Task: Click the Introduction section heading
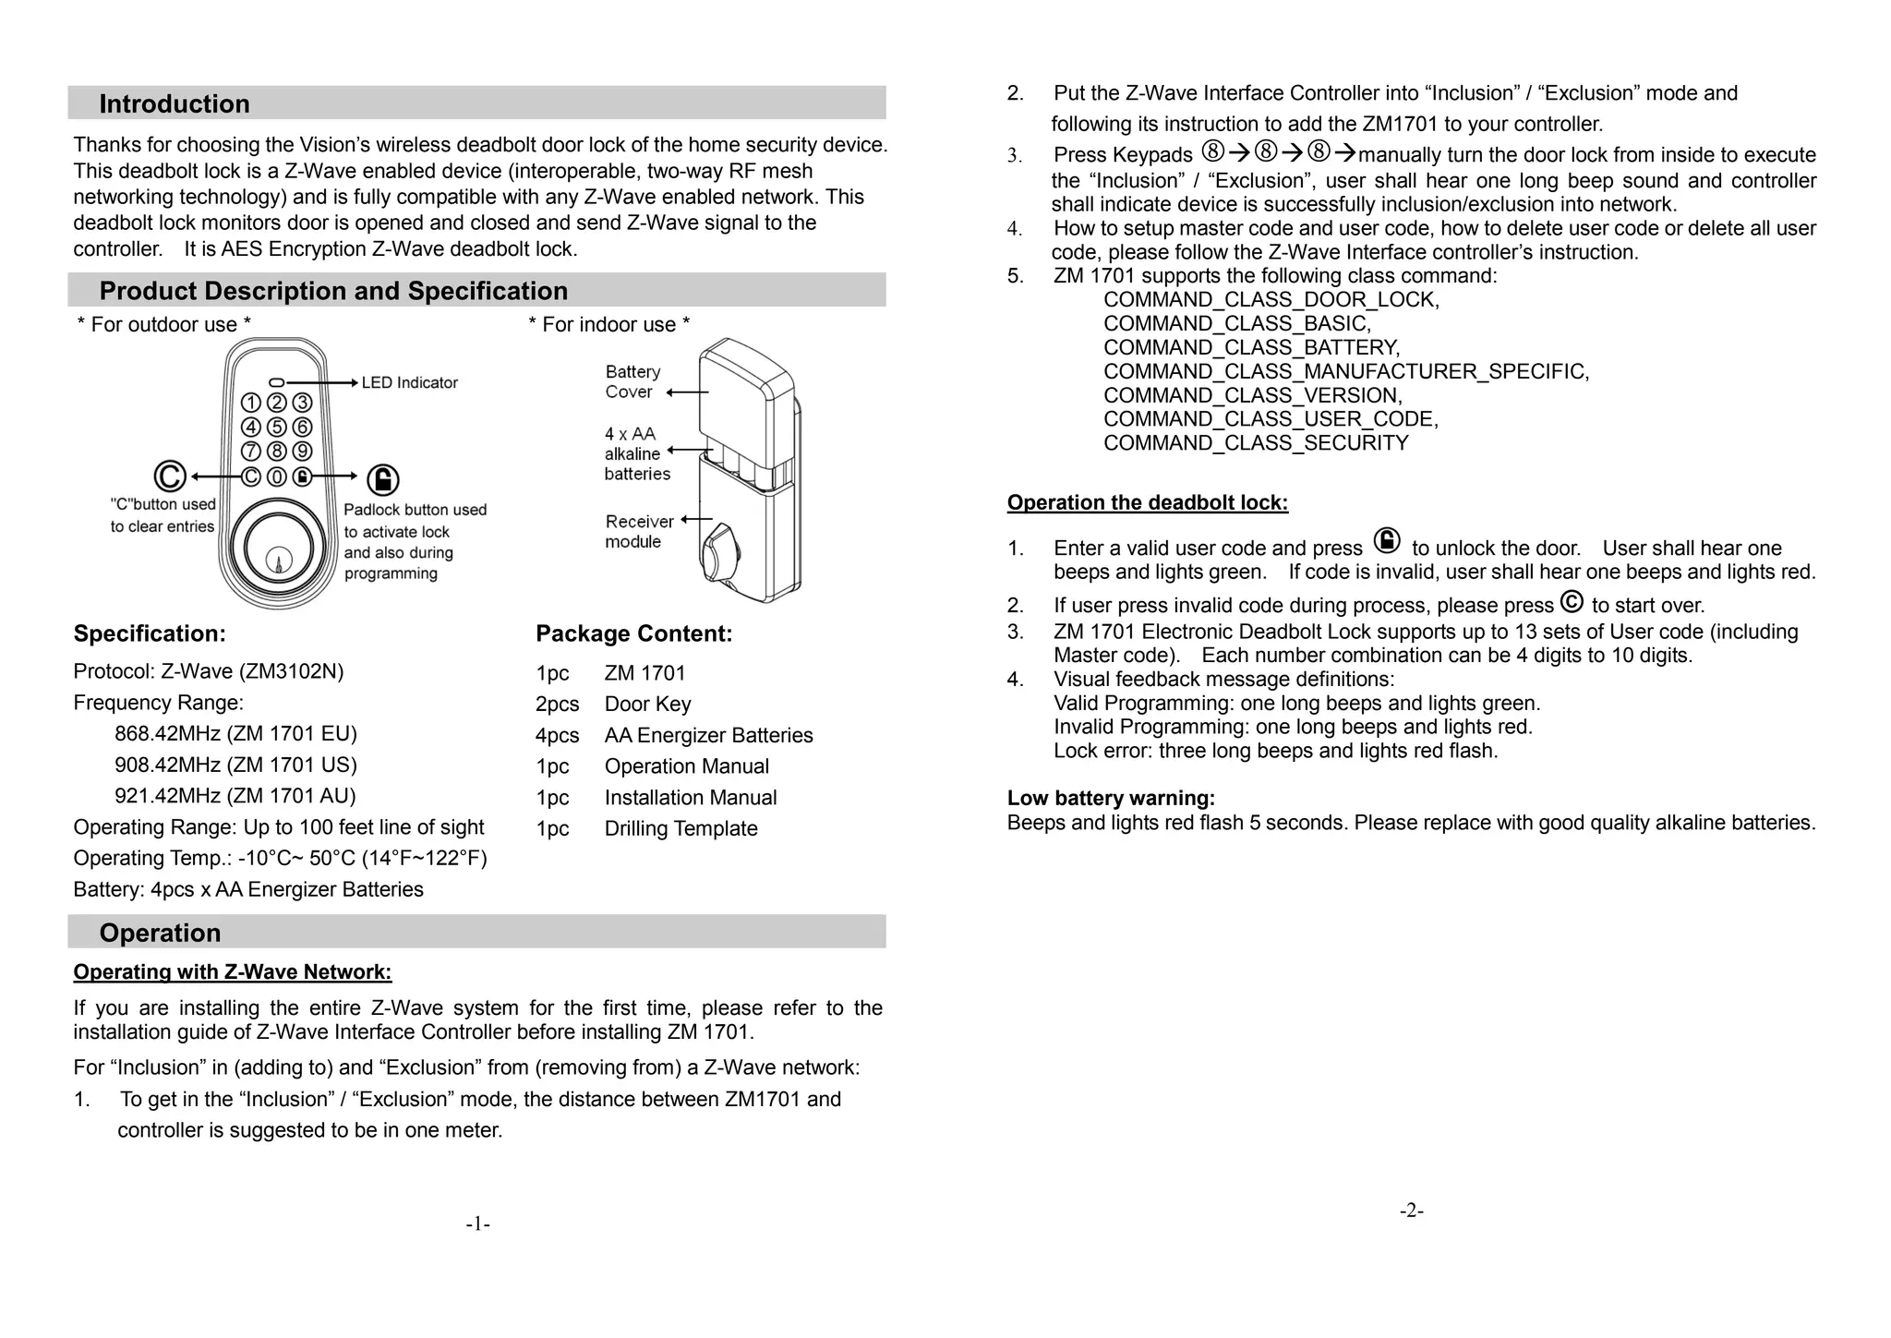pos(175,103)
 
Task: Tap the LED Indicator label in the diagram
pos(409,382)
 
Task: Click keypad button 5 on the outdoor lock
pos(277,427)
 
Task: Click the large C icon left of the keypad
pos(170,476)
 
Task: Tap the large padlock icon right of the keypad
pos(383,479)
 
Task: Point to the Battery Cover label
pos(632,381)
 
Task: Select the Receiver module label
pos(638,532)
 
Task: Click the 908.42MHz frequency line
pos(235,765)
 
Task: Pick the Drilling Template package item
pos(681,828)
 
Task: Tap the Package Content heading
pos(633,633)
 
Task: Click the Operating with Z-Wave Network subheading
pos(233,971)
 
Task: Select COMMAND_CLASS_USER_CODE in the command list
pos(1271,419)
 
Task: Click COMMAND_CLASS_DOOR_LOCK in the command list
pos(1271,299)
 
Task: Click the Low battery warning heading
pos(1111,798)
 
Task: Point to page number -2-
pos(1411,1211)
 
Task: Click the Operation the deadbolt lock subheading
pos(1147,502)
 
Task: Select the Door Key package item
pos(647,705)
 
